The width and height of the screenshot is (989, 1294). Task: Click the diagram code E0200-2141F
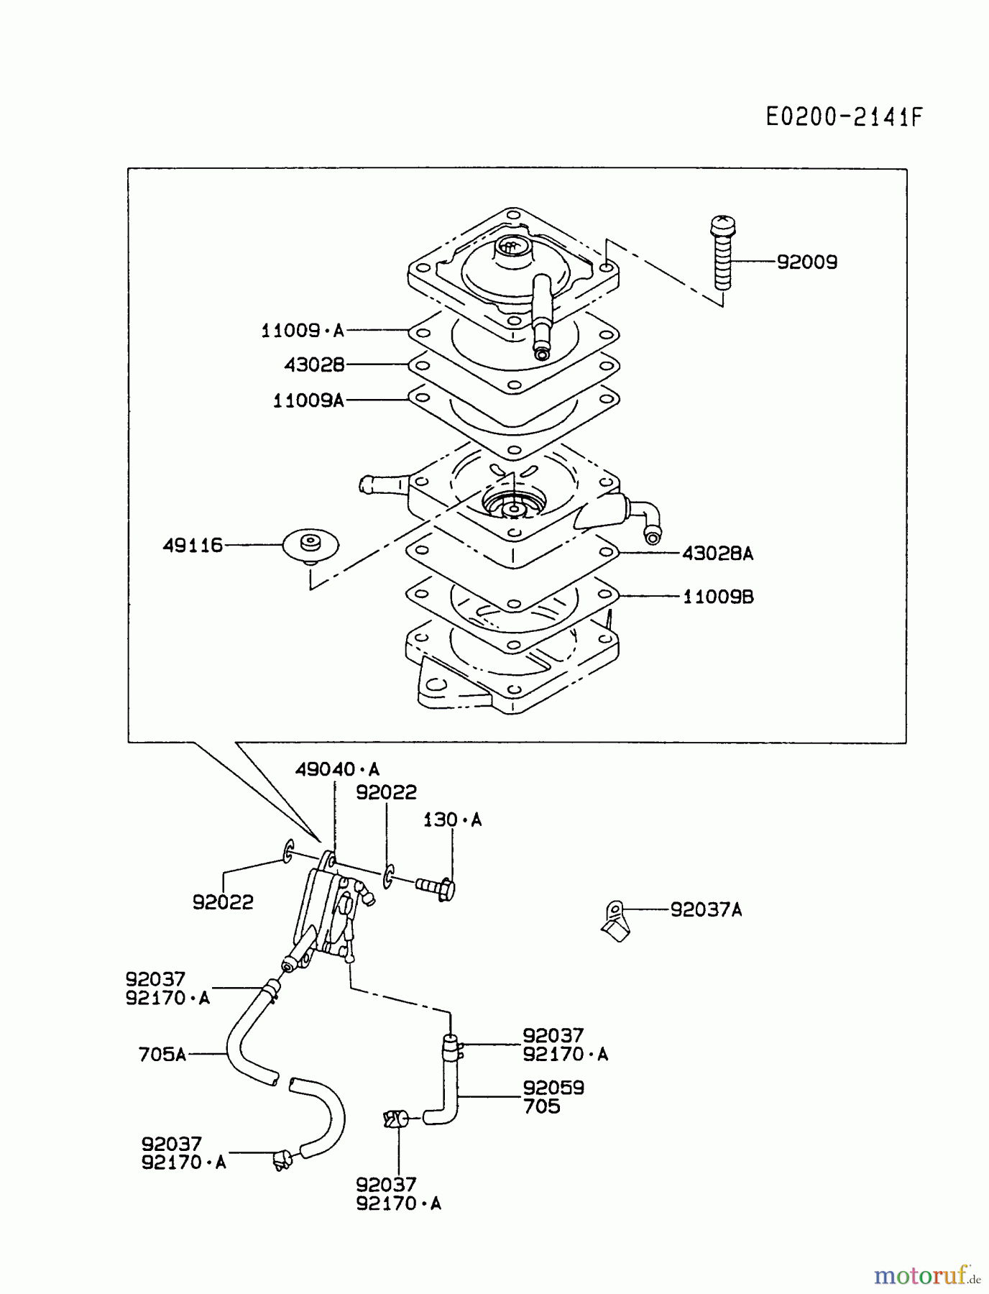pos(843,116)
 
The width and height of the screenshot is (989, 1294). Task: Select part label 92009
pos(807,262)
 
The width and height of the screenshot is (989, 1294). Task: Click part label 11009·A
pos(302,331)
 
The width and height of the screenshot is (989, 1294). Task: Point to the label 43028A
pos(717,554)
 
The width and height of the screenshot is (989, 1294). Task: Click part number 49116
pos(193,546)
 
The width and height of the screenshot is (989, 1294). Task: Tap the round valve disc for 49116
pos(310,546)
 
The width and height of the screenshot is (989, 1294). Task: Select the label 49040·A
pos(337,770)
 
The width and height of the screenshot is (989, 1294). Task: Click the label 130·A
pos(452,820)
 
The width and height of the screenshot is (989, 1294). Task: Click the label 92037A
pos(706,910)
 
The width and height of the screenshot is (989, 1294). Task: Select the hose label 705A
pos(162,1055)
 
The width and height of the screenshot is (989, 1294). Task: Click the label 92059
pos(553,1088)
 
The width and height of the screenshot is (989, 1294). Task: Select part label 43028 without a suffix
pos(314,365)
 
